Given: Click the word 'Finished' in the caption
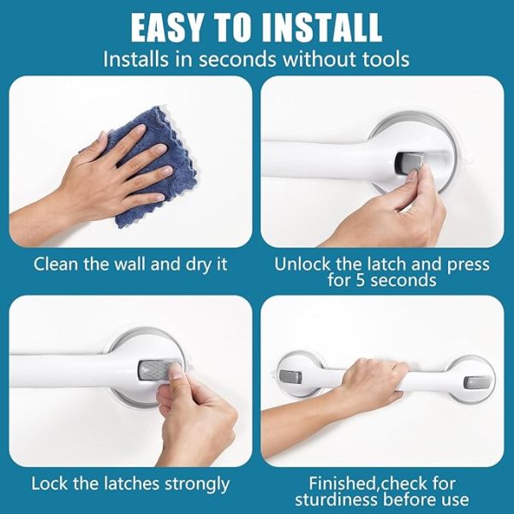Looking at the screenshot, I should point(343,483).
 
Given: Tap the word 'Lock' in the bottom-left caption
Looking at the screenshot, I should point(49,484).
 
